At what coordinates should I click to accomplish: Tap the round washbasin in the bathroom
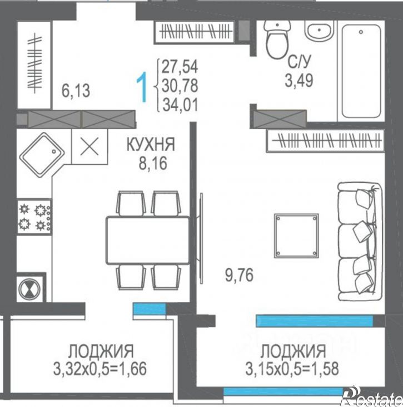[x=319, y=31]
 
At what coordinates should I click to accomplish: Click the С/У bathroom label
[x=299, y=62]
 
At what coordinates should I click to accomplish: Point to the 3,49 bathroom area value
[x=299, y=80]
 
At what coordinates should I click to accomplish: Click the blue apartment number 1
[x=142, y=87]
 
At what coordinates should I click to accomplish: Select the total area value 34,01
[x=180, y=105]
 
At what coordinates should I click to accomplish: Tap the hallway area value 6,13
[x=76, y=91]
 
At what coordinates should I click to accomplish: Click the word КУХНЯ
[x=151, y=144]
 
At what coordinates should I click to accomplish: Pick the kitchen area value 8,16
[x=153, y=164]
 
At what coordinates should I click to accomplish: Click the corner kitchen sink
[x=42, y=155]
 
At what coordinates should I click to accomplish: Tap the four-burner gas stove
[x=34, y=217]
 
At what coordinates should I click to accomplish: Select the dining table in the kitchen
[x=148, y=240]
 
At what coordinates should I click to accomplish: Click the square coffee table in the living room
[x=296, y=236]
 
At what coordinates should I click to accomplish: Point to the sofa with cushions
[x=360, y=242]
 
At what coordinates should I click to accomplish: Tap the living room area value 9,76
[x=239, y=275]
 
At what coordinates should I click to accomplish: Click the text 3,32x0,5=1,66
[x=100, y=369]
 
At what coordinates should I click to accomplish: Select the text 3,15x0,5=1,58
[x=292, y=369]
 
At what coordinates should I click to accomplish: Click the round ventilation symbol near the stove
[x=29, y=288]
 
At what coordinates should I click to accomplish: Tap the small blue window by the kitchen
[x=150, y=309]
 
